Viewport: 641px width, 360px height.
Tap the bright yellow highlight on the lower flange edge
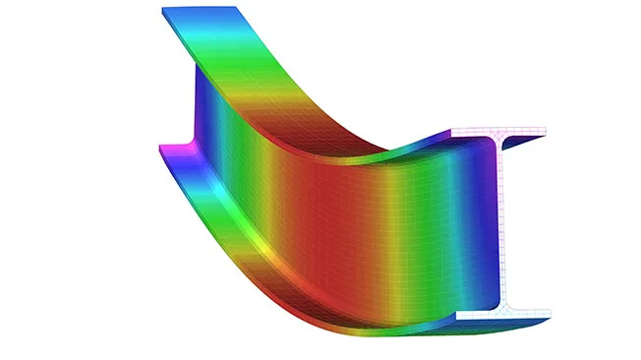pos(261,251)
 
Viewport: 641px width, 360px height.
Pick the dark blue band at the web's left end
pos(202,108)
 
